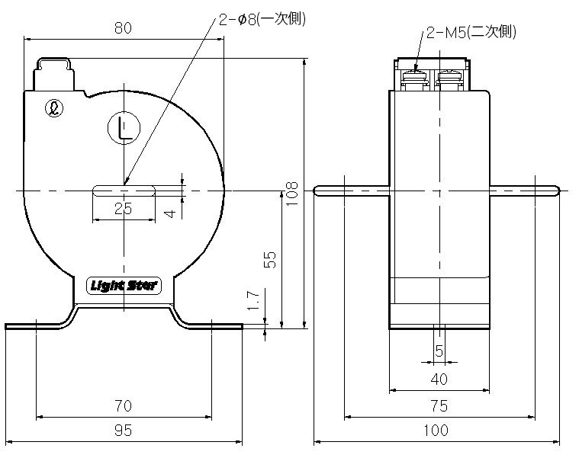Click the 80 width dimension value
click(x=124, y=28)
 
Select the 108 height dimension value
click(x=291, y=194)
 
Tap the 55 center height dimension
click(x=269, y=259)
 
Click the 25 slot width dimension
click(x=123, y=210)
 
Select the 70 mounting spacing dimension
click(x=124, y=405)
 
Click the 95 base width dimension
click(x=124, y=431)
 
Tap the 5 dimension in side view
click(x=439, y=351)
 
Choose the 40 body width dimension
click(x=439, y=379)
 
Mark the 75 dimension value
click(x=439, y=405)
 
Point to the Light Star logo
click(x=122, y=287)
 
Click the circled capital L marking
click(x=124, y=129)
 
